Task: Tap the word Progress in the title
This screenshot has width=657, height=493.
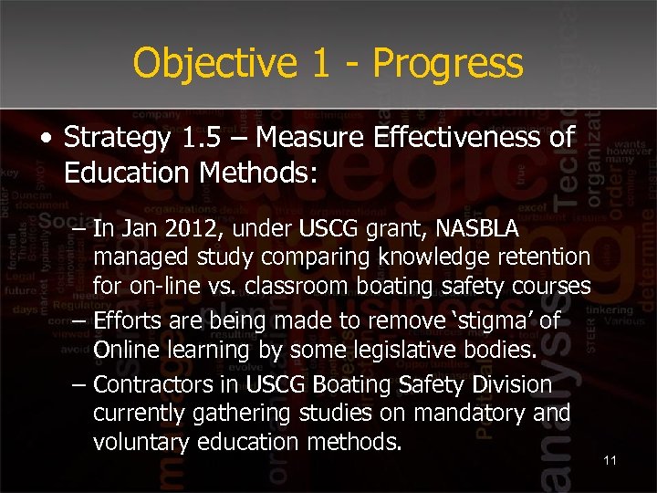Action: click(448, 63)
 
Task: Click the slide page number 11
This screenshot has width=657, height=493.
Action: click(610, 460)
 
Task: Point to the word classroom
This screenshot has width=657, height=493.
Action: click(304, 286)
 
